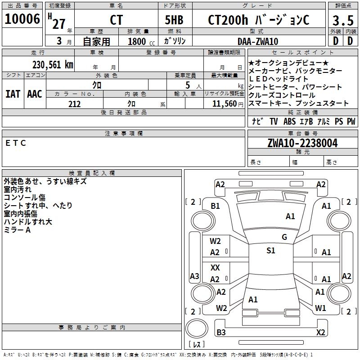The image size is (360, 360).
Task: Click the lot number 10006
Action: click(22, 19)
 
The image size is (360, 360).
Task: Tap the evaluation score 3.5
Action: click(342, 21)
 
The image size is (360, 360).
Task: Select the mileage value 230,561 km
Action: click(53, 65)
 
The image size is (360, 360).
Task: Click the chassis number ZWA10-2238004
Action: click(302, 143)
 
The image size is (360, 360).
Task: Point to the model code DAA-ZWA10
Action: click(258, 41)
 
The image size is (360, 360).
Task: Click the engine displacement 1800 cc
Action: click(140, 41)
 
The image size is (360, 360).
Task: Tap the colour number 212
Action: click(74, 104)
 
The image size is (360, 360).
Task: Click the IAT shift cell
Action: click(13, 94)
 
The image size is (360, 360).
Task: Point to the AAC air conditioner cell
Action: click(34, 94)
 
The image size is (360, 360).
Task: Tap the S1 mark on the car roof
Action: click(270, 251)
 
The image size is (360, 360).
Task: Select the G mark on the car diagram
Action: click(284, 237)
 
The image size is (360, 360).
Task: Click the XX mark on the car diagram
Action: click(215, 268)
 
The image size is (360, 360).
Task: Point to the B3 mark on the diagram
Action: click(221, 333)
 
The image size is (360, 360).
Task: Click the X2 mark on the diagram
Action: click(320, 333)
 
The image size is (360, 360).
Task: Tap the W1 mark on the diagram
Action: click(320, 308)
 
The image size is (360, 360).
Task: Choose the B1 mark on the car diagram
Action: click(215, 206)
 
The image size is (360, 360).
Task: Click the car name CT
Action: click(116, 20)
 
